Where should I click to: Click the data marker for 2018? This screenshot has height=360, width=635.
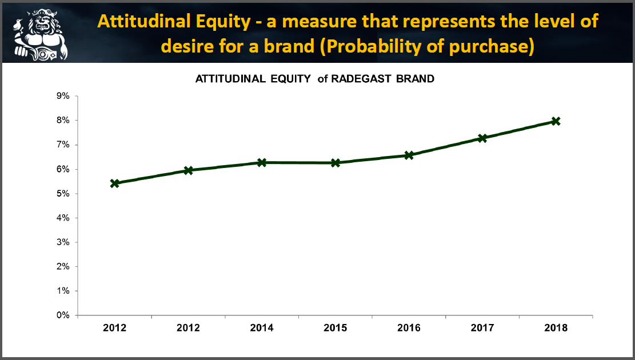click(556, 121)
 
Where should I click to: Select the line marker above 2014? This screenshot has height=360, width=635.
click(262, 162)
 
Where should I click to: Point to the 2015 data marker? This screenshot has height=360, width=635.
click(336, 163)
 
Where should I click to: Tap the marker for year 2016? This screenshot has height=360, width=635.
click(409, 155)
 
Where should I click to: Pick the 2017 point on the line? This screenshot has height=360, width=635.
click(482, 138)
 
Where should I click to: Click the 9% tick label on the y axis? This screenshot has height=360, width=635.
click(63, 96)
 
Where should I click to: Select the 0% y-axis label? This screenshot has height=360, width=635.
click(63, 315)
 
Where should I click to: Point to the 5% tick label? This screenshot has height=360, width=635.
click(63, 194)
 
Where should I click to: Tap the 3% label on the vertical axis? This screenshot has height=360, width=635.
click(63, 242)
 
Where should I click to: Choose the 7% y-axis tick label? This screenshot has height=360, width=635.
click(63, 145)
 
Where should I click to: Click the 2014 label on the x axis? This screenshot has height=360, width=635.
click(262, 327)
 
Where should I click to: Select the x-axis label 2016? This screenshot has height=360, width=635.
click(409, 327)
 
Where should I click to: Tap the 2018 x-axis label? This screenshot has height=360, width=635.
click(556, 327)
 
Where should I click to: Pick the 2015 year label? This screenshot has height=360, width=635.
click(336, 327)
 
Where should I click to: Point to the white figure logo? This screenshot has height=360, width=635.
click(39, 35)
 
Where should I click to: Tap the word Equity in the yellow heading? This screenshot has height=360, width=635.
click(223, 22)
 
